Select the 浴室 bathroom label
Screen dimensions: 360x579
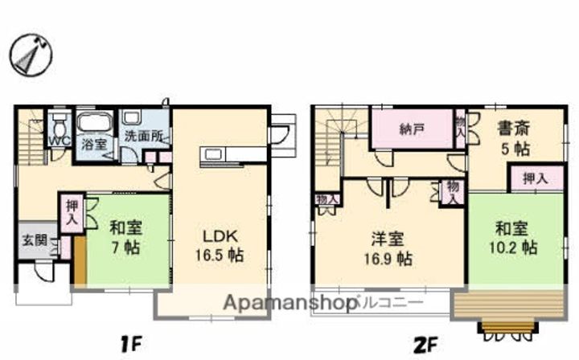tap(95, 144)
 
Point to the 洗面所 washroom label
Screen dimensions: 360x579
tap(144, 137)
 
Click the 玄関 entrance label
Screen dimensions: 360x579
tap(32, 239)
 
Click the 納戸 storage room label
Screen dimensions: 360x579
tap(410, 129)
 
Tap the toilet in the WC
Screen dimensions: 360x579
tap(58, 125)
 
